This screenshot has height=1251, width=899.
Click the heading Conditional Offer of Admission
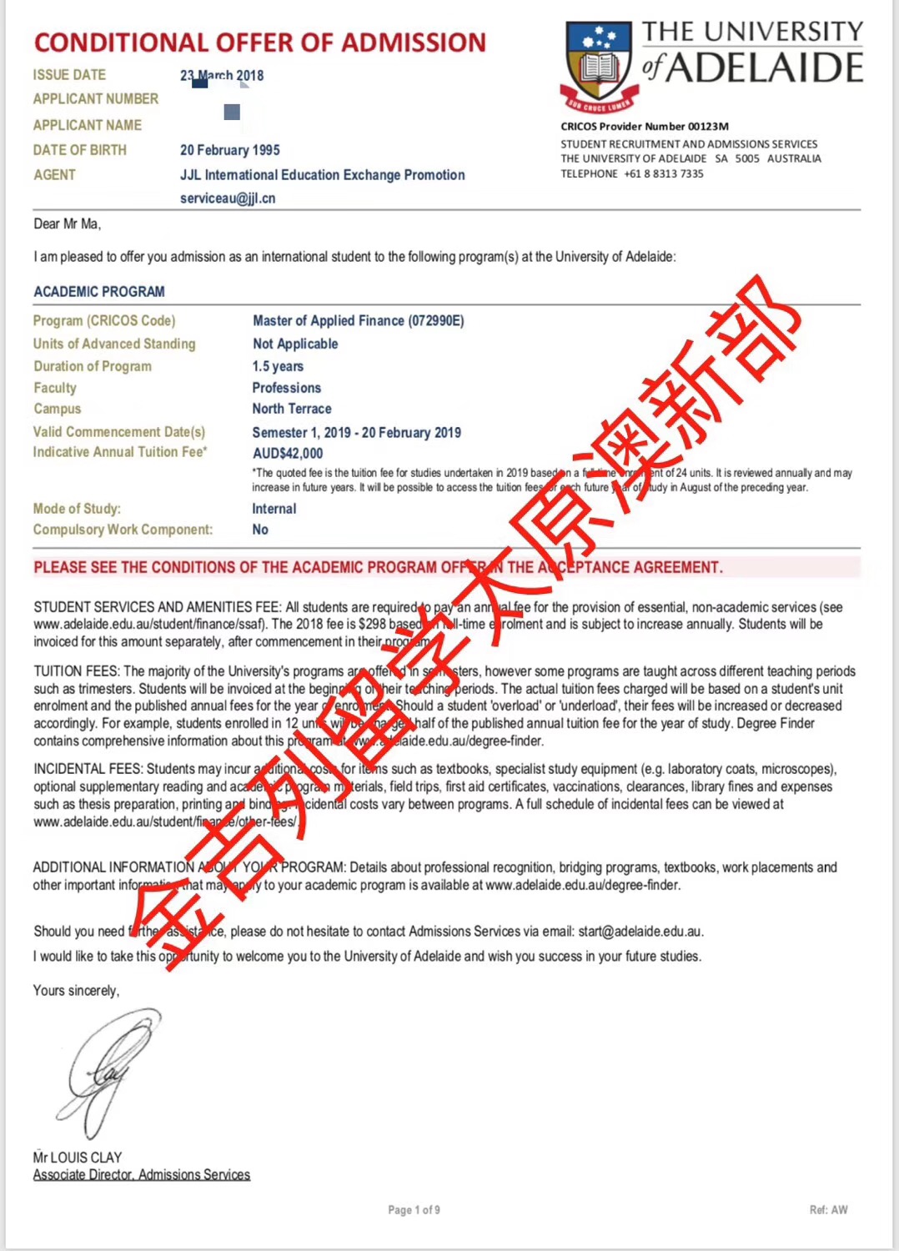pyautogui.click(x=259, y=43)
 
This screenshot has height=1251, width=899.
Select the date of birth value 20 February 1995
pyautogui.click(x=230, y=150)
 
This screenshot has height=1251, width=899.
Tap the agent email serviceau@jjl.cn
pyautogui.click(x=228, y=198)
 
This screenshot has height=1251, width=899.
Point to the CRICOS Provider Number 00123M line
pyautogui.click(x=645, y=127)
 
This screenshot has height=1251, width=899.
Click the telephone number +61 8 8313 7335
pyautogui.click(x=663, y=174)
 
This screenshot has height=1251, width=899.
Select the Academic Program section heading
pyautogui.click(x=99, y=292)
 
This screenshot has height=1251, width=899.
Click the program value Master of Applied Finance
pyautogui.click(x=358, y=321)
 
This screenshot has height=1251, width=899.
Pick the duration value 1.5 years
pyautogui.click(x=278, y=366)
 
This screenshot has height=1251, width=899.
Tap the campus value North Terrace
pyautogui.click(x=292, y=409)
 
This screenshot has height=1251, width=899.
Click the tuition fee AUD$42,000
pyautogui.click(x=288, y=454)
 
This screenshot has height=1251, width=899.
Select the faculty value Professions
pyautogui.click(x=286, y=388)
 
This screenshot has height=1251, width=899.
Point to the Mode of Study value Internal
pyautogui.click(x=274, y=509)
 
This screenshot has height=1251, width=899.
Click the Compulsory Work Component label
pyautogui.click(x=123, y=530)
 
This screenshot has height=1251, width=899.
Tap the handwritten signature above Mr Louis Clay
pyautogui.click(x=108, y=1072)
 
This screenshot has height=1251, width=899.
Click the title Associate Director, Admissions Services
pyautogui.click(x=142, y=1175)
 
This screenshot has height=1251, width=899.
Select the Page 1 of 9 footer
pyautogui.click(x=414, y=1210)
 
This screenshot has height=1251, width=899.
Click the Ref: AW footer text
pyautogui.click(x=828, y=1210)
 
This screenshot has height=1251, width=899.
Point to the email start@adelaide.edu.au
pyautogui.click(x=640, y=932)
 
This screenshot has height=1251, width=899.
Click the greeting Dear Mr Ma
pyautogui.click(x=67, y=224)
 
